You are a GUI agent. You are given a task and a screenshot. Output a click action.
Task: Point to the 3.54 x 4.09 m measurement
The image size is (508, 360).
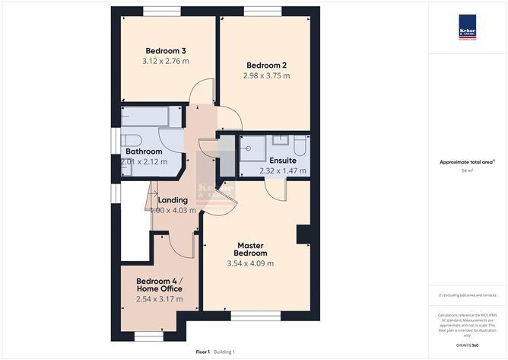(250, 263)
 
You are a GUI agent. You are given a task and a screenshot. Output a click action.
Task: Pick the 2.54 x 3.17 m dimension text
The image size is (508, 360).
(159, 299)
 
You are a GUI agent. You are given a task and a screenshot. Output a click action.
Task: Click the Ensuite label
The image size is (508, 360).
(283, 160)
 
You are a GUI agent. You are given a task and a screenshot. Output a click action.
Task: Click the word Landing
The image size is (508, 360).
(173, 200)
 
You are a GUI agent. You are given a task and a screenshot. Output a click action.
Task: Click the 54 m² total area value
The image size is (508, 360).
(467, 170)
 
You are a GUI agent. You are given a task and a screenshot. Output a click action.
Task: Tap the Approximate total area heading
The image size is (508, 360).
(466, 161)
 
